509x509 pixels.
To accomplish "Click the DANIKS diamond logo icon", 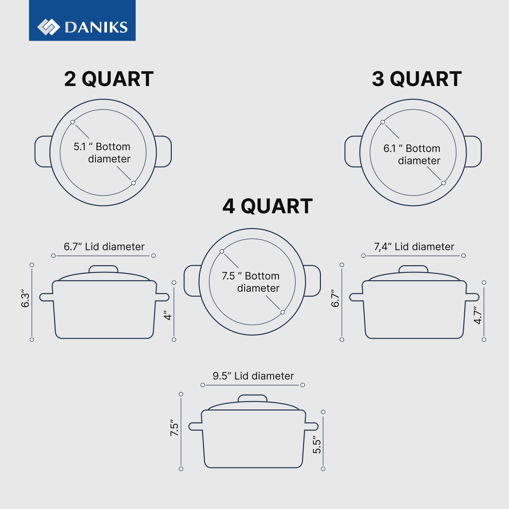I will click(48, 27).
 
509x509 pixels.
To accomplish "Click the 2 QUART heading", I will click(109, 79).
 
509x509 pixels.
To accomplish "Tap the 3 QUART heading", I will click(417, 79).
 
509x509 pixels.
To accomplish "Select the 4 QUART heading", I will click(267, 206).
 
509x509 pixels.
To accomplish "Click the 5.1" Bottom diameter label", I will click(102, 152).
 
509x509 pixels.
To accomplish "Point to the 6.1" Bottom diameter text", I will click(412, 154).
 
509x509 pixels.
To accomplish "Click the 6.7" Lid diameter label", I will click(104, 247).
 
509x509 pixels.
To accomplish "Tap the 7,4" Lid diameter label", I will click(414, 247).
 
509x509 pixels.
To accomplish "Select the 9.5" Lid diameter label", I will click(253, 376).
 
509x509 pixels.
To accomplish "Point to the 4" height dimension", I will click(168, 315).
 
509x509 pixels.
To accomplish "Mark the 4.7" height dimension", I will click(478, 315).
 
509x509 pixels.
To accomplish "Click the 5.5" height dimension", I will click(317, 446).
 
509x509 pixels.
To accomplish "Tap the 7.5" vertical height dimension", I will click(174, 428).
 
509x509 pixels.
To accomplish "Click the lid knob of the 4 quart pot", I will click(252, 398).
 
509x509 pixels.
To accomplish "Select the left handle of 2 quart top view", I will click(43, 151).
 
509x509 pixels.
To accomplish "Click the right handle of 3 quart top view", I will click(473, 151).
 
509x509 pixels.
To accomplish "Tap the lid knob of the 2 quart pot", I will click(103, 269).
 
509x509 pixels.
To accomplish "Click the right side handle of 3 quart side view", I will click(472, 297).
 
